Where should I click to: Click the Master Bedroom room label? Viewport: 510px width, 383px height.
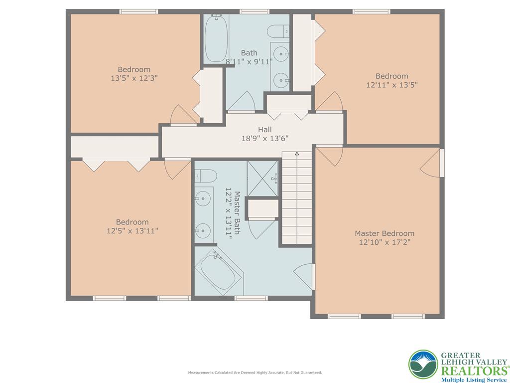pos(384,233)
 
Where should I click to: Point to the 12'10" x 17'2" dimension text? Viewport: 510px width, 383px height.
pos(384,242)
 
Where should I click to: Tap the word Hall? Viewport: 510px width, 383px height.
pos(264,130)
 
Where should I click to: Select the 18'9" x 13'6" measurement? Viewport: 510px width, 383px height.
pos(264,139)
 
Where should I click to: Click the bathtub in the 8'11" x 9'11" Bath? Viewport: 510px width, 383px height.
pos(216,39)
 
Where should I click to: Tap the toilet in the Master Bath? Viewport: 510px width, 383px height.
pos(205,176)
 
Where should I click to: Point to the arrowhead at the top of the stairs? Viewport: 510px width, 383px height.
pos(297,154)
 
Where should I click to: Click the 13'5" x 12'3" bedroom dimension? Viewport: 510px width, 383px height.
pos(134,78)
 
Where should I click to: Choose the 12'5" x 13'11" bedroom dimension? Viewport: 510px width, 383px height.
pos(132,231)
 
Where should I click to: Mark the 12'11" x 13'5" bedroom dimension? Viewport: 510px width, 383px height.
pos(392,85)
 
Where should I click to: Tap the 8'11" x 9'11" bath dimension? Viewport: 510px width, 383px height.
pos(249,62)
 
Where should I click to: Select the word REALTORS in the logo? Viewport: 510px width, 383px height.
pos(473,371)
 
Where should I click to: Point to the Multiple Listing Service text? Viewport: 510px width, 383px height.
pos(473,380)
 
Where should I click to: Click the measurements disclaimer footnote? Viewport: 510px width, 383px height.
pos(255,373)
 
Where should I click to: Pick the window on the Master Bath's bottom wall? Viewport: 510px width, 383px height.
pos(251,298)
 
